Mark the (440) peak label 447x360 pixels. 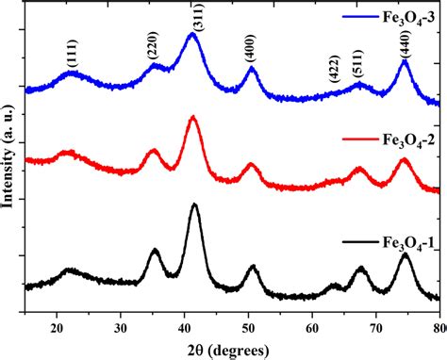405,44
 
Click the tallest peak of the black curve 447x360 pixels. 195,204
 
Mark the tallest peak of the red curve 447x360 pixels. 193,117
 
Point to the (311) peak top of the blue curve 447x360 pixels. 192,34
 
